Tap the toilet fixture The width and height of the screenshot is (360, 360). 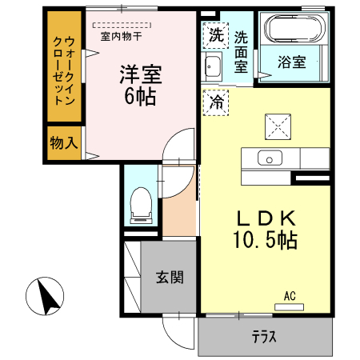pos(141,206)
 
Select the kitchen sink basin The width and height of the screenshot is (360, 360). pos(270,158)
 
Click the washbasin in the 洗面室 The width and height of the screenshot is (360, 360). pos(212,66)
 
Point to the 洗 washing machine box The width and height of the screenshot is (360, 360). pos(216,35)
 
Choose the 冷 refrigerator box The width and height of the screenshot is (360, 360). pos(216,102)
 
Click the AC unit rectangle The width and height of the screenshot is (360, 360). pos(290,307)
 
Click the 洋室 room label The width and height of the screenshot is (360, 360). pos(141,74)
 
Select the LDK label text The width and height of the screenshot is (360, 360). pos(266,218)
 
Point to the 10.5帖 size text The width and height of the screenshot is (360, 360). pos(266,240)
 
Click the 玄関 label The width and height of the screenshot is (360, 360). pos(170,277)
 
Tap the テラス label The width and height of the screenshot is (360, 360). pos(264,337)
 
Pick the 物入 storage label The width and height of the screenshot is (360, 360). pos(64,142)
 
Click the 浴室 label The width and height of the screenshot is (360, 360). pos(291,62)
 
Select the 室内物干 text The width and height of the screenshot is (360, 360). pos(121,36)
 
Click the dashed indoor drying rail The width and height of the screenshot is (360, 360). pos(122,26)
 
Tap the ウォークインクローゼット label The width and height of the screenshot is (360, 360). pos(64,70)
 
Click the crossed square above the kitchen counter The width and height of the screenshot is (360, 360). pos(278,127)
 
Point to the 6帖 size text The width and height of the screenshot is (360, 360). pos(140,96)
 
